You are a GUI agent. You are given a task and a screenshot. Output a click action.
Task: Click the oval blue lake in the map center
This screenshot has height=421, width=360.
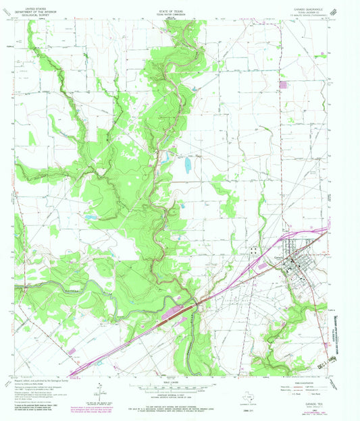tap(186, 165)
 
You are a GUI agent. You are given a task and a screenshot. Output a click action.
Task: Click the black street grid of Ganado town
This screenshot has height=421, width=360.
tap(297, 260)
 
